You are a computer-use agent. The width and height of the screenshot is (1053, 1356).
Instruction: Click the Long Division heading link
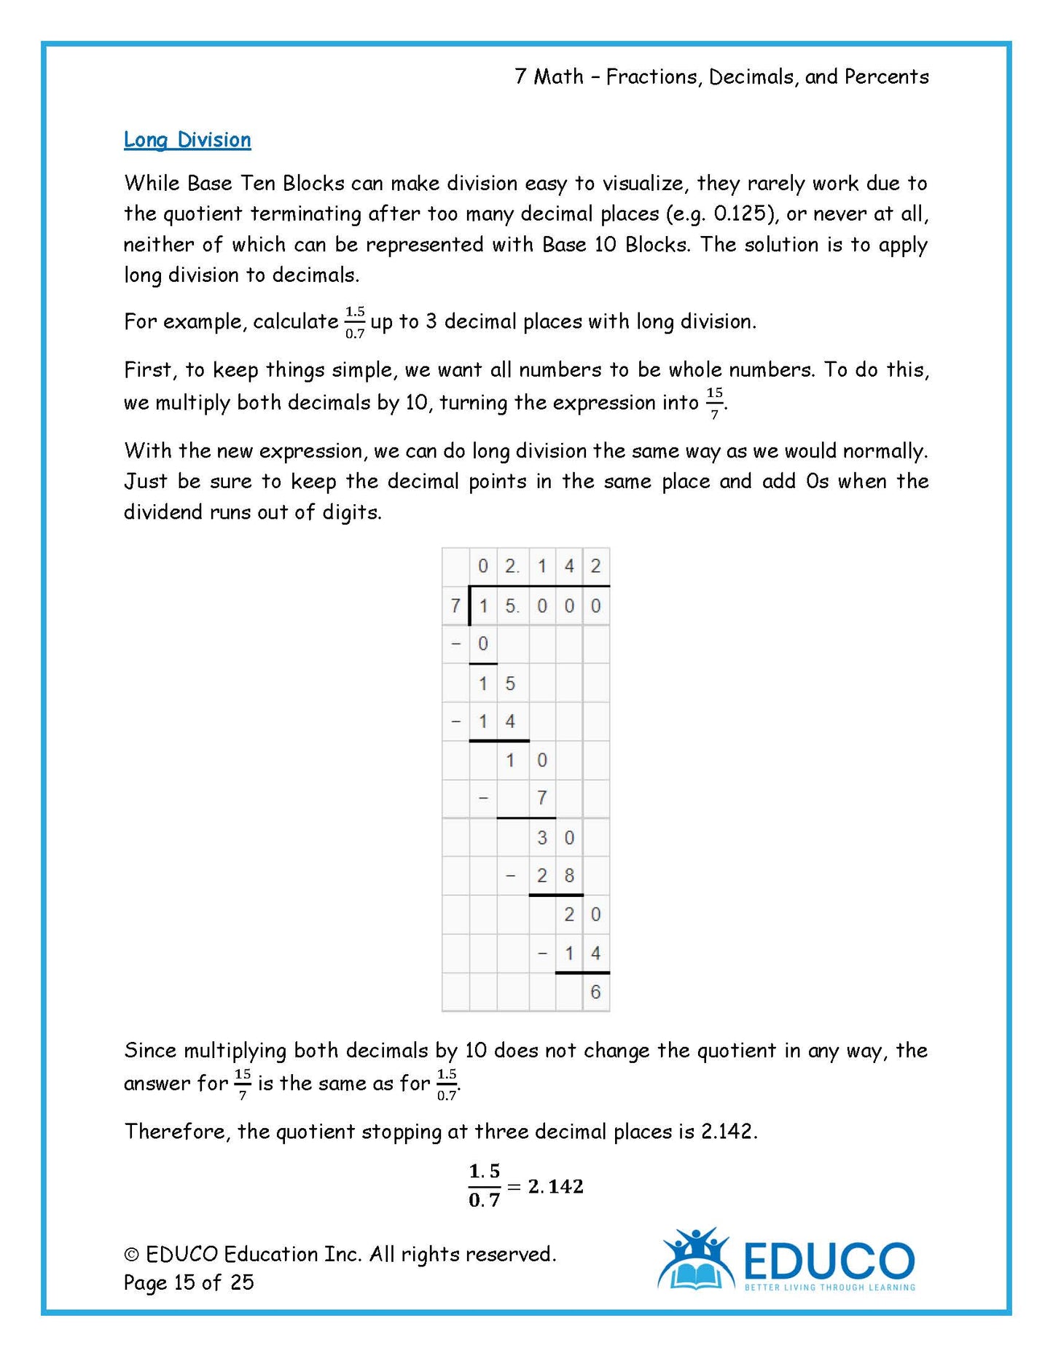187,140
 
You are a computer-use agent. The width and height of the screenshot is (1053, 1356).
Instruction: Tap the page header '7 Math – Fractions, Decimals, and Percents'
721,77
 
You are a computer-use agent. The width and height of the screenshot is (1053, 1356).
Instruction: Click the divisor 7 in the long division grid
455,606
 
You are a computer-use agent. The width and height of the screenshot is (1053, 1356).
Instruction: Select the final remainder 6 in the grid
595,992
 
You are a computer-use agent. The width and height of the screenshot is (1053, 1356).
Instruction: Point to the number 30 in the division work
555,838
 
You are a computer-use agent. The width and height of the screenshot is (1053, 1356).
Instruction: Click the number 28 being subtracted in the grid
555,876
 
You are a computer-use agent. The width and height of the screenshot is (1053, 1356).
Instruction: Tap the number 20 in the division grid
582,914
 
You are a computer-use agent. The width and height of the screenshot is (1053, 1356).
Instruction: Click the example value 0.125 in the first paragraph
741,214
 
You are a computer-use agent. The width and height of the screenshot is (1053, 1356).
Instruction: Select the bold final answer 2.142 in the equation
555,1187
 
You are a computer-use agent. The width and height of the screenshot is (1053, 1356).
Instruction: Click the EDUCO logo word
829,1261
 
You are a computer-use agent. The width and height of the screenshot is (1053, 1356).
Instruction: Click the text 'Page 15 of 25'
189,1282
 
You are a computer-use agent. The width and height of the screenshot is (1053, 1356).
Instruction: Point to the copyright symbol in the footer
132,1255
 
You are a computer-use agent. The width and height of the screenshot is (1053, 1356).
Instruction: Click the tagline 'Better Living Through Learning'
829,1288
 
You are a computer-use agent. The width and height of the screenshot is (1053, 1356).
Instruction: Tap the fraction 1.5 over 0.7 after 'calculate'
355,322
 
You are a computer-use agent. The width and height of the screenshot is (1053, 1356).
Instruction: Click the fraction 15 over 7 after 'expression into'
714,403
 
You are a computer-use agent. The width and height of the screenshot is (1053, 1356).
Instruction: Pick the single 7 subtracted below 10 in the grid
541,799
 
